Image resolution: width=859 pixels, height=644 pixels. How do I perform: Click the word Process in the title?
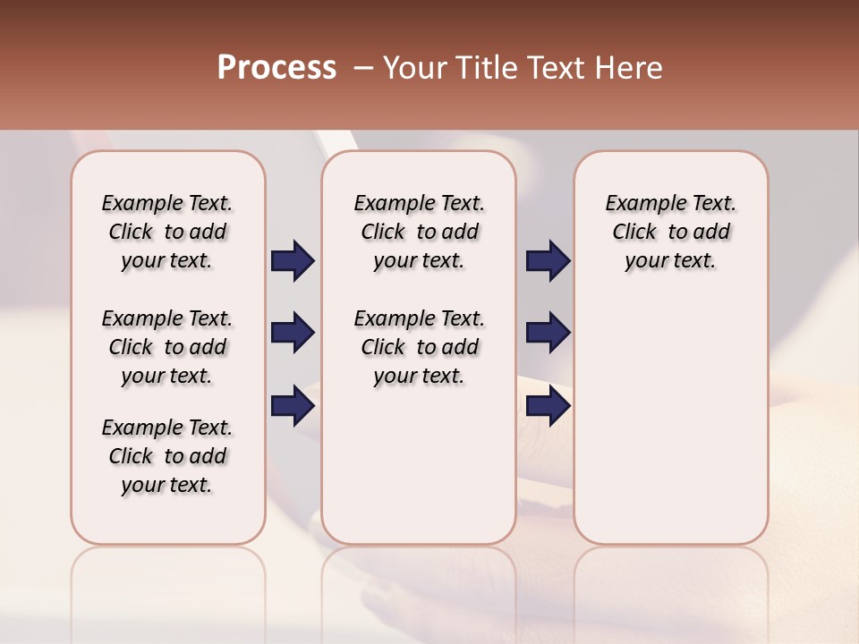(x=276, y=68)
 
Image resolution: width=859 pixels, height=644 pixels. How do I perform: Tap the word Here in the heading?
(x=628, y=68)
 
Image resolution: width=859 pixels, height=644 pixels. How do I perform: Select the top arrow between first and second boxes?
(x=293, y=261)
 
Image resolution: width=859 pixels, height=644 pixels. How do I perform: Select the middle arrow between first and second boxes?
(x=293, y=333)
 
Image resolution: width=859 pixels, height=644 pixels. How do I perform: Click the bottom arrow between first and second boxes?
(x=293, y=406)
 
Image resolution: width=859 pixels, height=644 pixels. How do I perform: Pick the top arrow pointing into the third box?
(x=548, y=261)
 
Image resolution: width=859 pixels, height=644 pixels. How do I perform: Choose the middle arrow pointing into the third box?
(x=548, y=333)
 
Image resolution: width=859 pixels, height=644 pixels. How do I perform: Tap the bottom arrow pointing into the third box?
(x=548, y=406)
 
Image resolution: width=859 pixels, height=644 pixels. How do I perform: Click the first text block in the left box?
(x=167, y=232)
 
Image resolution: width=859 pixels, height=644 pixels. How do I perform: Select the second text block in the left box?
(x=167, y=347)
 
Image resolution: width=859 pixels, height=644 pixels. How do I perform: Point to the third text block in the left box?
(x=167, y=456)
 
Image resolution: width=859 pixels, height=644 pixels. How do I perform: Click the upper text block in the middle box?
(x=420, y=232)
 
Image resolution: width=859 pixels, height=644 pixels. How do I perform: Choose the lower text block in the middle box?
(x=420, y=347)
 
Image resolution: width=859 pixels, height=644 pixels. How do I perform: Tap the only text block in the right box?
(x=671, y=232)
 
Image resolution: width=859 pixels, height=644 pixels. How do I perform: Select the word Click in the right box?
(x=634, y=233)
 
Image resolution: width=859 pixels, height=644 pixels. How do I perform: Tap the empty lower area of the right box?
(x=671, y=429)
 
